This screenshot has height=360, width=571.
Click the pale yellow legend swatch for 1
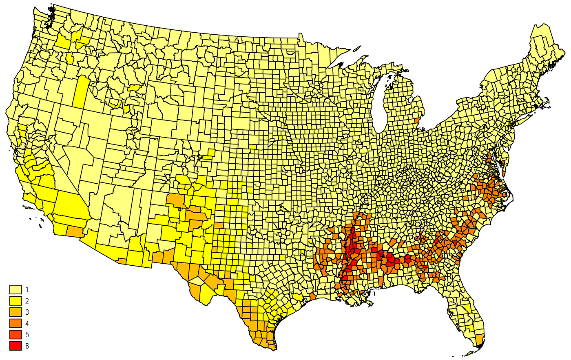[x=15, y=290]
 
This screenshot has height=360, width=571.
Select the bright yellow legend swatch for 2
[x=15, y=301]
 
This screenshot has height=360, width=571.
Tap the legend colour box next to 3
[x=15, y=313]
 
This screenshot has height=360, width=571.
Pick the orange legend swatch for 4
[x=15, y=324]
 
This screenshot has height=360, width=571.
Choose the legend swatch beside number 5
[x=15, y=335]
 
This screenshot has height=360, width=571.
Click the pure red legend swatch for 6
[x=15, y=346]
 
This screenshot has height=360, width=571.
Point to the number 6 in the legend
[x=27, y=346]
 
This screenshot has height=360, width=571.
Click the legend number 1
[x=27, y=290]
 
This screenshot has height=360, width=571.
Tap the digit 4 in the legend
[x=27, y=324]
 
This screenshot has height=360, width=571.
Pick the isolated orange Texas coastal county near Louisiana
[x=312, y=296]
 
